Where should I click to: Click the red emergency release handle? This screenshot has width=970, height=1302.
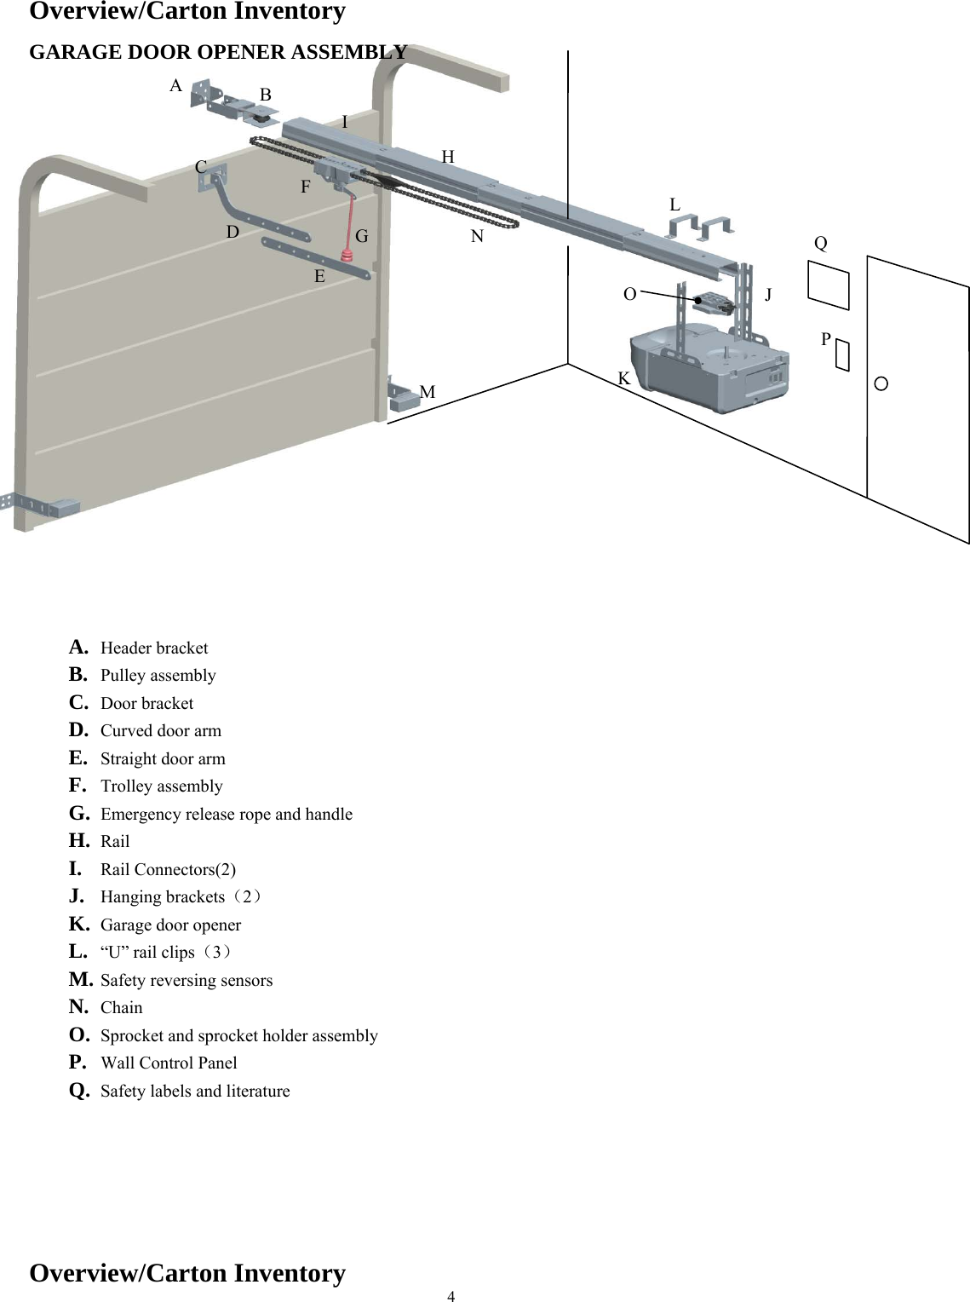tap(347, 258)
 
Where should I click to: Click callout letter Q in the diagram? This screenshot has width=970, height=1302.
tap(820, 243)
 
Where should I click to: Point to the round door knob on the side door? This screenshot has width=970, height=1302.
tap(881, 383)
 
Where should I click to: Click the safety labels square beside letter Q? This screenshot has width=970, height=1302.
tap(829, 285)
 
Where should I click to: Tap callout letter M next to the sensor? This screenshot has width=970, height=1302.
tap(428, 392)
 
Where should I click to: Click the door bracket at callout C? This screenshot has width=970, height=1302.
tap(212, 176)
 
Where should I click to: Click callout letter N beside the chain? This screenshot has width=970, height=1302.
tap(477, 236)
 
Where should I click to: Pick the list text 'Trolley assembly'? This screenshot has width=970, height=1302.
tap(162, 786)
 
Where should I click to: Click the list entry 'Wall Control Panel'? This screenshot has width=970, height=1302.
tap(169, 1063)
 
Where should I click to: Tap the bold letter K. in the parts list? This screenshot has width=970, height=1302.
tap(79, 924)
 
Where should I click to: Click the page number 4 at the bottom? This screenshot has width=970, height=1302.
tap(451, 1296)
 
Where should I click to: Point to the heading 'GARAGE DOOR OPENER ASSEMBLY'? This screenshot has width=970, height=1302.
tap(218, 52)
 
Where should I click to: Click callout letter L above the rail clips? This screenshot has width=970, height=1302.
tap(674, 205)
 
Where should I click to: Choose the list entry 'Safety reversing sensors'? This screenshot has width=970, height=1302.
tap(187, 980)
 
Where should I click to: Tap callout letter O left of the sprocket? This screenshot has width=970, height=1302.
tap(629, 294)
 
